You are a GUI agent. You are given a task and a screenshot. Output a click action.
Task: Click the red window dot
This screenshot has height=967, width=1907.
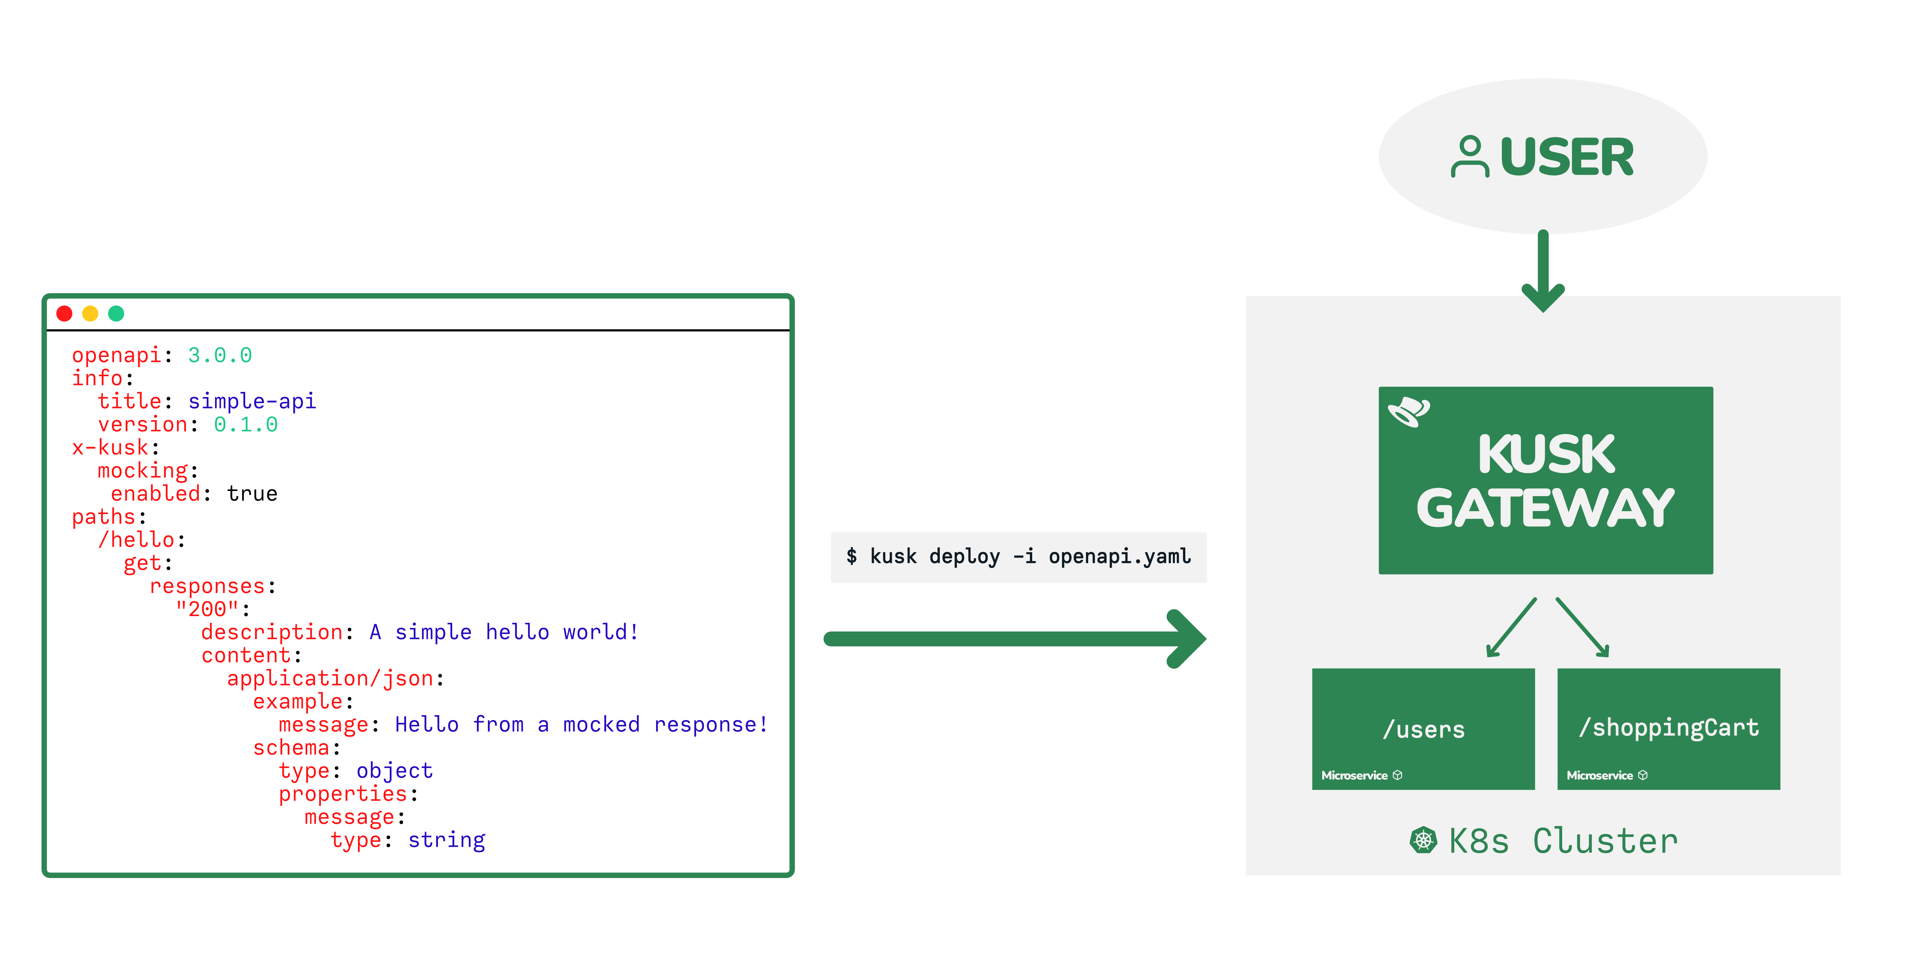click(64, 314)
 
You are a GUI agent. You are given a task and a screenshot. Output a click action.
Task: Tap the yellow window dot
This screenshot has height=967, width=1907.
click(90, 314)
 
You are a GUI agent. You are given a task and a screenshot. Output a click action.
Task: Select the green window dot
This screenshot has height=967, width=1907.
click(116, 314)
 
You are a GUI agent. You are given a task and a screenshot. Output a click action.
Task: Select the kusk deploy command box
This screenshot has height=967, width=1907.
click(1019, 557)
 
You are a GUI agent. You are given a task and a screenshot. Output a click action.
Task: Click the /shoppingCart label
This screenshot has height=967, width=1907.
click(1669, 728)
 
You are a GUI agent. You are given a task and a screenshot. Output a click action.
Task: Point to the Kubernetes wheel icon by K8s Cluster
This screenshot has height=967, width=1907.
click(1423, 841)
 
